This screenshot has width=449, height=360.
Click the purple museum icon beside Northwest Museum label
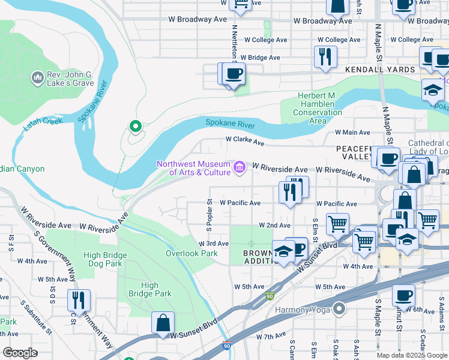click(240, 167)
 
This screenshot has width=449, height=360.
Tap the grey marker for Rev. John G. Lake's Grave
click(36, 78)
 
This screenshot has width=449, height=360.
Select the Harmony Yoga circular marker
click(340, 310)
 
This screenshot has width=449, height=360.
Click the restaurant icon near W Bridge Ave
click(325, 57)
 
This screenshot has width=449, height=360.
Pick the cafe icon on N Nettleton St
click(234, 74)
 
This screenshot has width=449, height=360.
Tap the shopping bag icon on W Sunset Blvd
click(163, 323)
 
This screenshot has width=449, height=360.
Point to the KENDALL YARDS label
click(380, 70)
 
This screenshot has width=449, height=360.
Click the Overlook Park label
click(191, 253)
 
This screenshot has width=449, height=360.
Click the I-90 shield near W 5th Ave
click(270, 296)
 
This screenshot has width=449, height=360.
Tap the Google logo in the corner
click(20, 353)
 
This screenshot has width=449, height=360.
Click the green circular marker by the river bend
click(135, 127)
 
